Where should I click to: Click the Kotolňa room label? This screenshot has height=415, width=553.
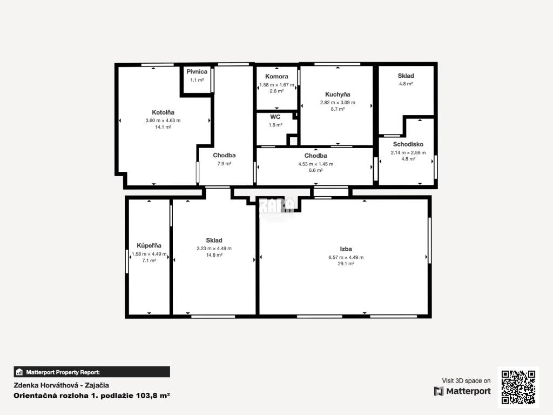163,112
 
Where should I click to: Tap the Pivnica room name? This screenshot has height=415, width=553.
197,71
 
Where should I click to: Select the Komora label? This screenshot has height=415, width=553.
276,76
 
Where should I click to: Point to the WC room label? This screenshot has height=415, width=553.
275,117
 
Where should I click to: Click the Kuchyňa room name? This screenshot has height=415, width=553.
338,94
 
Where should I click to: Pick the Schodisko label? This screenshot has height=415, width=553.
408,144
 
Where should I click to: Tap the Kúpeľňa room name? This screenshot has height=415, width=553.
149,245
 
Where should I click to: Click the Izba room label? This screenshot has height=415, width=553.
346,249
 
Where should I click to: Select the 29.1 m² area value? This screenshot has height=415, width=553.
346,264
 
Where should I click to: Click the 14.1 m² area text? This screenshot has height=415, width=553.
163,127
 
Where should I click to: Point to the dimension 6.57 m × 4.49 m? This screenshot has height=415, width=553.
346,257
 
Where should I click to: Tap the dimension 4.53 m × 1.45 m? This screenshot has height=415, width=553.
315,164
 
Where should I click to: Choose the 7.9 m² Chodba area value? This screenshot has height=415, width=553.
224,163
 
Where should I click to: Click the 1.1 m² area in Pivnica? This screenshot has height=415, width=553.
197,80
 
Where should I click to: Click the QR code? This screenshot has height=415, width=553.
518,387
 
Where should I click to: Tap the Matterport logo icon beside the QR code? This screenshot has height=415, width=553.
439,391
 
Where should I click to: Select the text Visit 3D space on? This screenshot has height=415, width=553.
466,381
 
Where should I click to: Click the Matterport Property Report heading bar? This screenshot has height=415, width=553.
92,372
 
